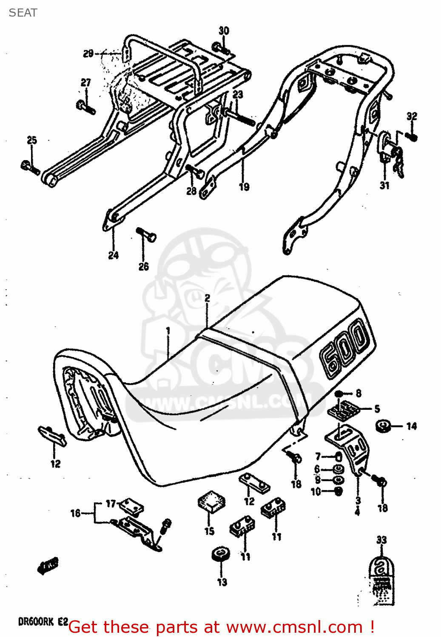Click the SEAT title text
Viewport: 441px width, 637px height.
[x=23, y=13]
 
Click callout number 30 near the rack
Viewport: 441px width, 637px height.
[x=224, y=31]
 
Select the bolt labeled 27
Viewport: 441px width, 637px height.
[x=85, y=106]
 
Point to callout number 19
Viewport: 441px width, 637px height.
[x=244, y=186]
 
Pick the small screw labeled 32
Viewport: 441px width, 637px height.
[x=411, y=136]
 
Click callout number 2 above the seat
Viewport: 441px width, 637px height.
[x=207, y=298]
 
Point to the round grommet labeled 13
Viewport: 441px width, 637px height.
[x=221, y=555]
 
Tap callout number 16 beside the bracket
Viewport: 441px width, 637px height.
[x=75, y=513]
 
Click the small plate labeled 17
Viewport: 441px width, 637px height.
[x=131, y=507]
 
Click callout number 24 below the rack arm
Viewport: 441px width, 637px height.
[x=113, y=255]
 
